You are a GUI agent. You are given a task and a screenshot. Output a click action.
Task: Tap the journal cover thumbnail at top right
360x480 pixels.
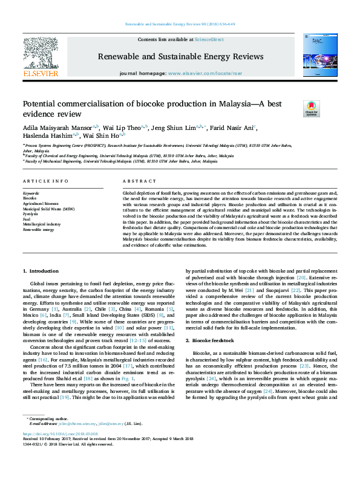[319, 54]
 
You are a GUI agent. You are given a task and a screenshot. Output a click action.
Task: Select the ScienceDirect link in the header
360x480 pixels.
[209, 39]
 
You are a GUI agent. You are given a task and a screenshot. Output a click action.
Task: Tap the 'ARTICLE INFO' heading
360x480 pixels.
[45, 181]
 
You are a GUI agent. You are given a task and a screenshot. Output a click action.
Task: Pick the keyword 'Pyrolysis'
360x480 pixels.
[31, 214]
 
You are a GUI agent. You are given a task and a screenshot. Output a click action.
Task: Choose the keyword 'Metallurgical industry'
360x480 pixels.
[42, 224]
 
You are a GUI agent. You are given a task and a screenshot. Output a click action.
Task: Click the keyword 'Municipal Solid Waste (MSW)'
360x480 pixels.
[49, 209]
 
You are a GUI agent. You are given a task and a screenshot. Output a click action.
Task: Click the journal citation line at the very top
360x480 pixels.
[180, 24]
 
